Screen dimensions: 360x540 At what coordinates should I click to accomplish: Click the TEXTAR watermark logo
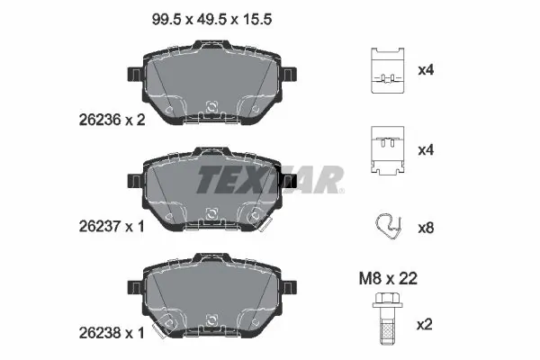click(x=270, y=179)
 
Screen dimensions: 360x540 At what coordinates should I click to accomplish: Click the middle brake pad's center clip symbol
click(x=211, y=214)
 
